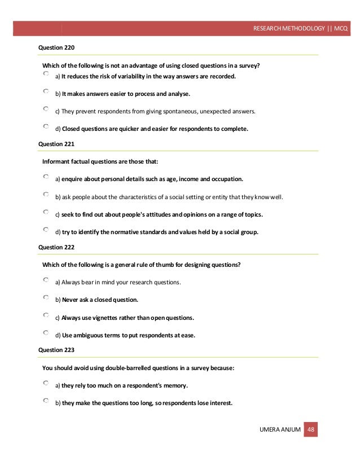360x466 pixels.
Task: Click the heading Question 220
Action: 56,47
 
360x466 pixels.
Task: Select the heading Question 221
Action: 56,144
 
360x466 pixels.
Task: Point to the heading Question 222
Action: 56,247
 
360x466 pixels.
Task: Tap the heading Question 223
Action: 56,350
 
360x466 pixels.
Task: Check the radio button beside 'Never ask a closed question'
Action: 46,297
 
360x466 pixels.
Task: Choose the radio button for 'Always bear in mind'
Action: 46,280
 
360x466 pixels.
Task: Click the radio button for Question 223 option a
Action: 46,383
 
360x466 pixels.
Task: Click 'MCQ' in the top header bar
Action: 341,28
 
